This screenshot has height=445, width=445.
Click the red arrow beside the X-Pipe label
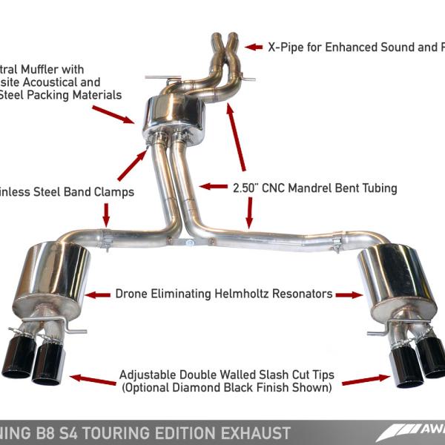254,47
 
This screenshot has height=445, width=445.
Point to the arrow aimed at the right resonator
349,294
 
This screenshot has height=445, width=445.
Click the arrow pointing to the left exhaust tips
85,378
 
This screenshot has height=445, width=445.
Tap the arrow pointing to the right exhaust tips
366,379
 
